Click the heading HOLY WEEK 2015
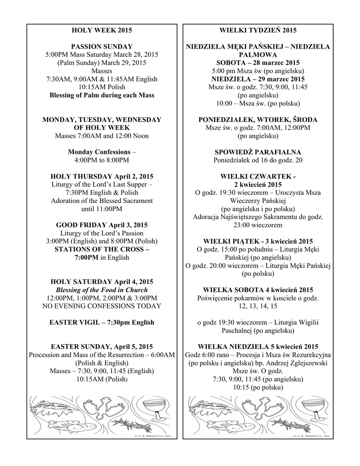(x=101, y=30)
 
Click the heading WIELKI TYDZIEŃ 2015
(x=258, y=30)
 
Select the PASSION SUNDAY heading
(x=101, y=46)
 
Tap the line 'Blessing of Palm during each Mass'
(x=101, y=95)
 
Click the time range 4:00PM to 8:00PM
(x=101, y=160)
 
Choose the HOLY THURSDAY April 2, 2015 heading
(x=101, y=176)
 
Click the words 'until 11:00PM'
(x=101, y=209)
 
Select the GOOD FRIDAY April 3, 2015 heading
(x=101, y=225)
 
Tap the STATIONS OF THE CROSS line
(x=101, y=249)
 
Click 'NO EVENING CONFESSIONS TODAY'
(x=101, y=306)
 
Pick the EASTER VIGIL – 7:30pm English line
(x=101, y=322)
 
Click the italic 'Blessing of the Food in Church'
(x=101, y=290)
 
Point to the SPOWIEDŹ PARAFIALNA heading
(x=258, y=152)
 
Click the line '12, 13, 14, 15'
(x=258, y=306)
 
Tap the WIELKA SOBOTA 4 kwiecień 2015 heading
(x=258, y=290)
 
